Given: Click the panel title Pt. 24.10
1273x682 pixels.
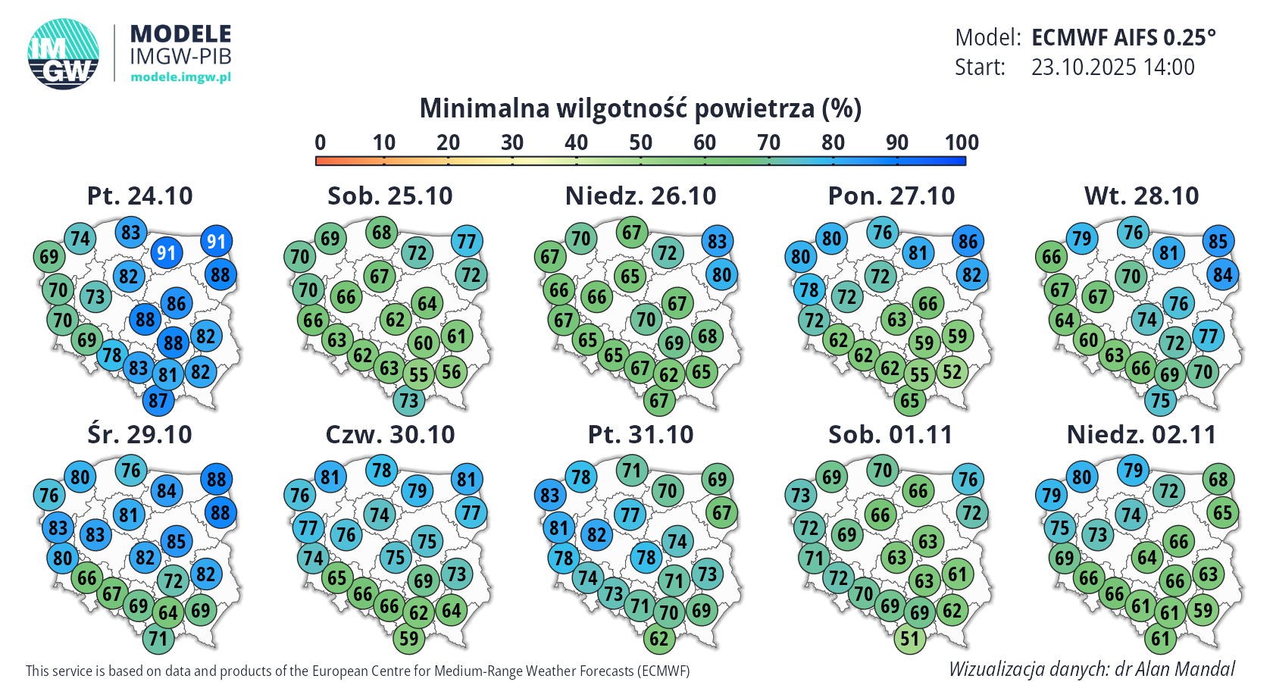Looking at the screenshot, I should [x=140, y=196].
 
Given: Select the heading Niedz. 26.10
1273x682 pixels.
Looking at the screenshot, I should [x=640, y=196].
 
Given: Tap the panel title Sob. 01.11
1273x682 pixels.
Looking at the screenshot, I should [x=890, y=435].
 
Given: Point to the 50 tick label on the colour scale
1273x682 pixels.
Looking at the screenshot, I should [x=640, y=142].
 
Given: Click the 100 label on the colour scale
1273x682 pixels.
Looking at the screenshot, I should [x=961, y=142].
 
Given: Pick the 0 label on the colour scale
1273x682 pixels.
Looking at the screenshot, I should [x=320, y=142].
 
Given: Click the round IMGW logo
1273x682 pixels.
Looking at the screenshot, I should [x=64, y=54].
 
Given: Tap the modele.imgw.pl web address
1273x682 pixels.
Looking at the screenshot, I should [x=180, y=77].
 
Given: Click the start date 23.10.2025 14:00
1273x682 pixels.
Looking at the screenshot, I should [x=1112, y=67].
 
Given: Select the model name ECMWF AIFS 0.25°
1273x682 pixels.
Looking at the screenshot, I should [x=1123, y=38].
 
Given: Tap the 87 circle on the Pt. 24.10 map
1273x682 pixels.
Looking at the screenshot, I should [x=158, y=400].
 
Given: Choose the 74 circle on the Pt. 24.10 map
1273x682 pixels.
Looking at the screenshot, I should [x=80, y=239].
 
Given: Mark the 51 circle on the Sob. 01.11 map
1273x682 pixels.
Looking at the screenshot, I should [x=909, y=639].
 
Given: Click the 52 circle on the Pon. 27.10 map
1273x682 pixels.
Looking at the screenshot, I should [x=952, y=372].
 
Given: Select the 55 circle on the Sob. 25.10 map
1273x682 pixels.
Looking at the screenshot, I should [x=418, y=374].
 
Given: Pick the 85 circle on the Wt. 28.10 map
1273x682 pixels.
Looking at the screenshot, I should [x=1218, y=242].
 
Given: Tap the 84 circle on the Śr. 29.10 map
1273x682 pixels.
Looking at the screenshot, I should [x=167, y=491].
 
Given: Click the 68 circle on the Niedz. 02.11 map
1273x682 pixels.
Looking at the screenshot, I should [x=1218, y=480].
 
